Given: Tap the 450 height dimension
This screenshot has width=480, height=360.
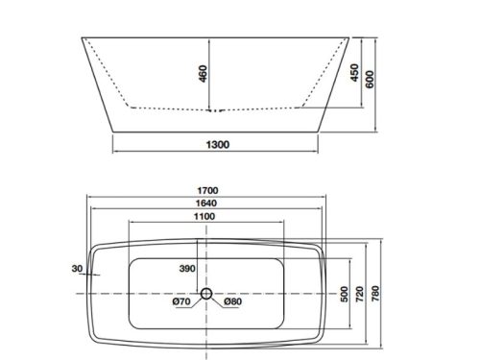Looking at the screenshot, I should point(354,73).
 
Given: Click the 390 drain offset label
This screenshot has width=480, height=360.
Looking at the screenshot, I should point(189,270).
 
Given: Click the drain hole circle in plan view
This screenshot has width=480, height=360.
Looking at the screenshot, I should point(206,293).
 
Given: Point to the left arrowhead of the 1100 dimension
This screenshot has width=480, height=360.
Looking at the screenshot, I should point(127,226).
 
